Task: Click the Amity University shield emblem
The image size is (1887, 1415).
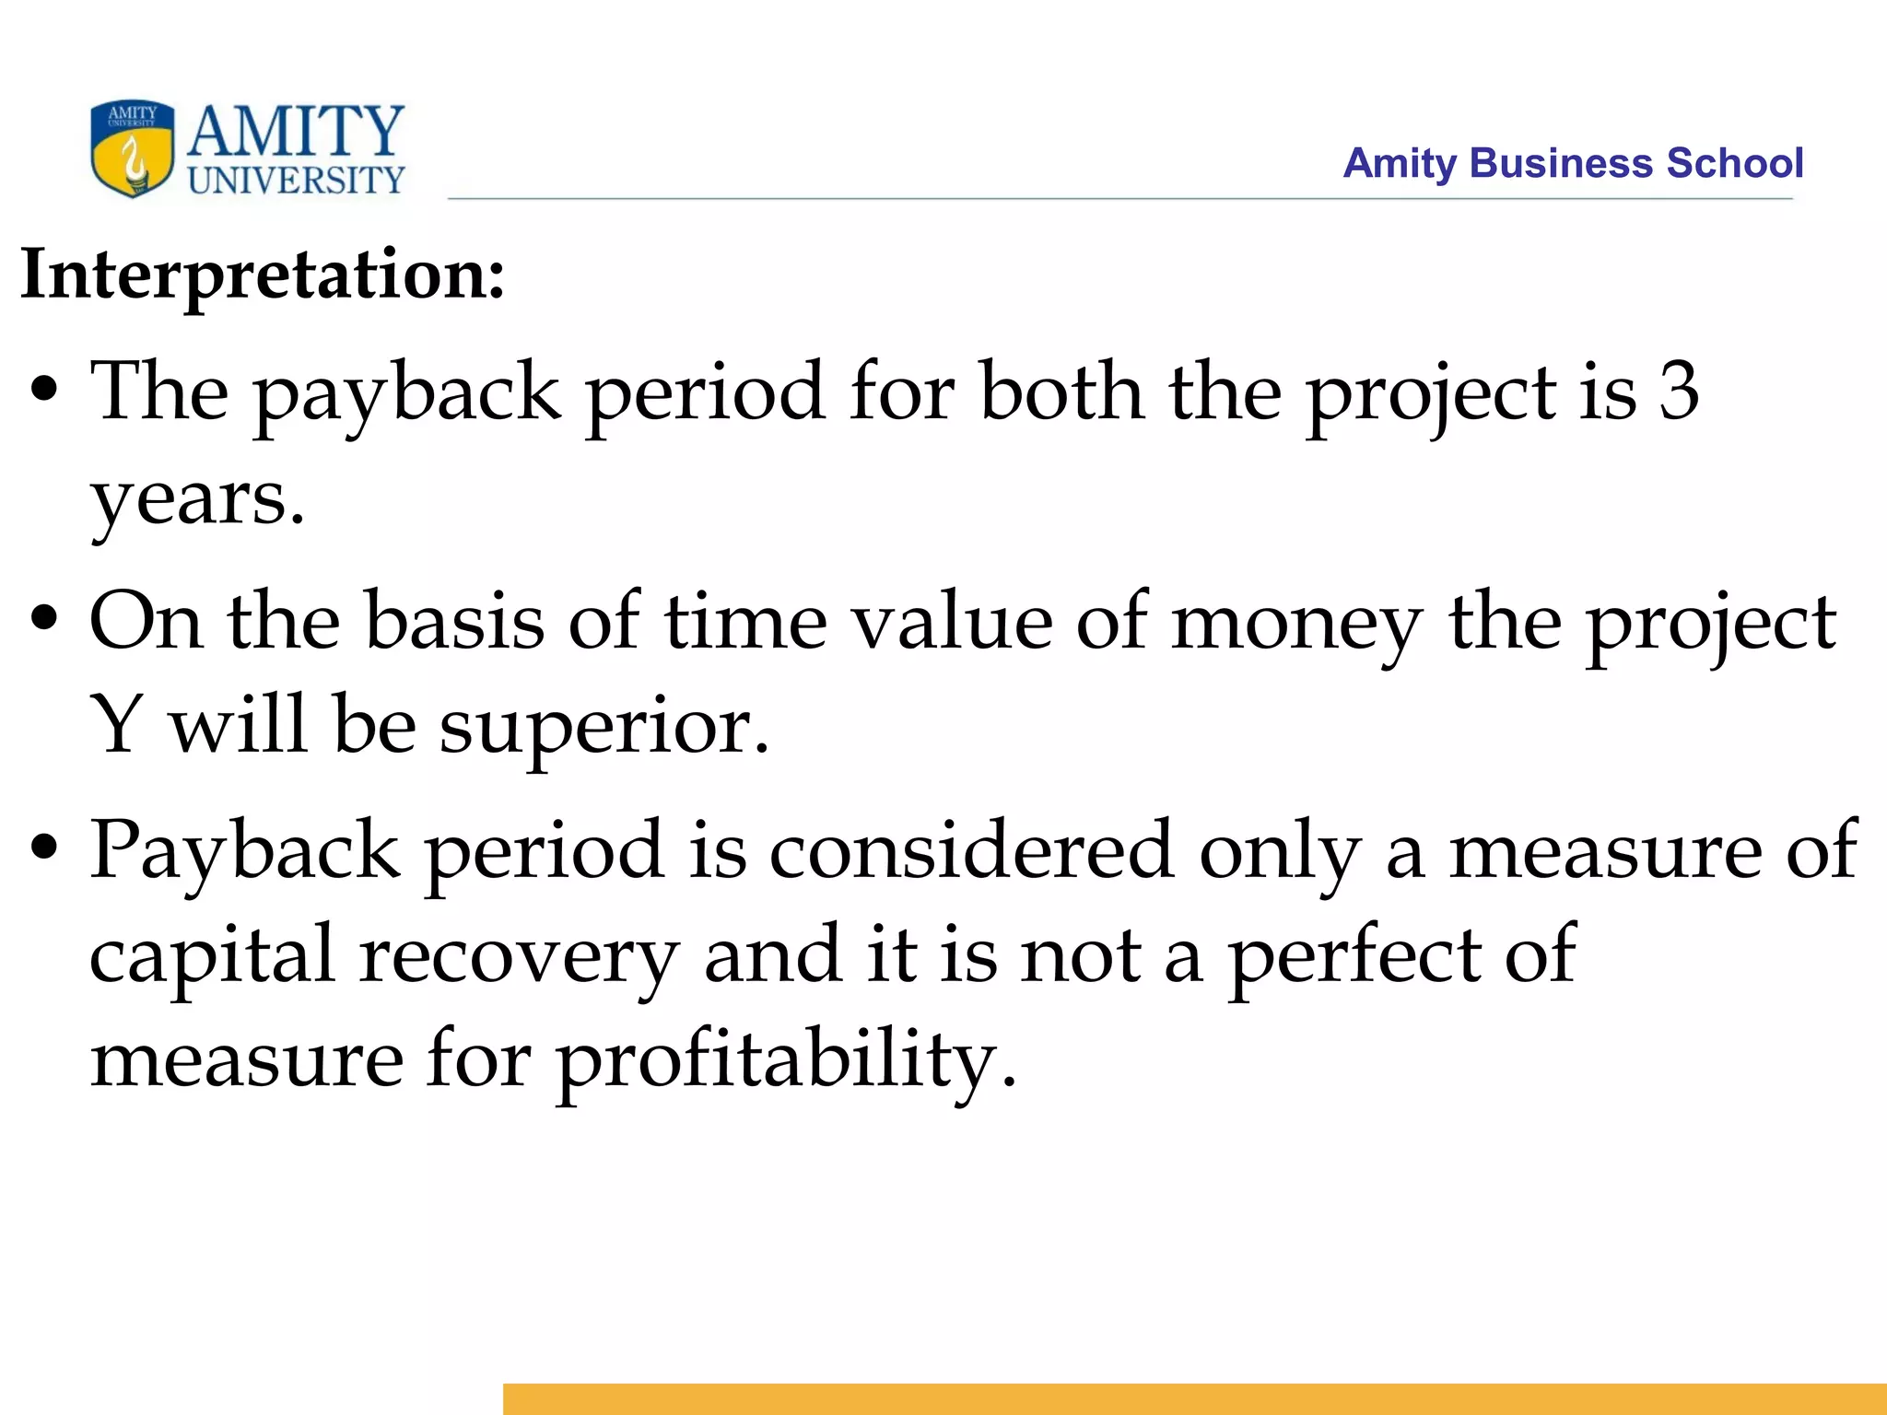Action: click(133, 148)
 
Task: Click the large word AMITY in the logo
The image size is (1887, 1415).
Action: click(296, 132)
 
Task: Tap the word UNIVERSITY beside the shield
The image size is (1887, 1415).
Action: click(297, 180)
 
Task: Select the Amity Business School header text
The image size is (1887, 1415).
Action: click(1572, 163)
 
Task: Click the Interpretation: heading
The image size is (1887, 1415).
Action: click(264, 274)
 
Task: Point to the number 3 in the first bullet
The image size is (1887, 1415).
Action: click(1679, 392)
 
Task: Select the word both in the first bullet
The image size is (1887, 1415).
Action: click(1062, 392)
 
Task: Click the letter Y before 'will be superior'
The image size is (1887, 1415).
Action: click(117, 725)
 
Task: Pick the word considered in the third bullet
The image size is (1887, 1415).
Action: click(971, 850)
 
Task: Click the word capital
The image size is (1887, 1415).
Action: click(212, 955)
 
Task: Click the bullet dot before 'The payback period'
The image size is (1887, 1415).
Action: click(44, 390)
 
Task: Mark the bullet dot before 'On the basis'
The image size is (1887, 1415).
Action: click(44, 620)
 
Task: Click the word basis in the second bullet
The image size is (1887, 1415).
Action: click(454, 622)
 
